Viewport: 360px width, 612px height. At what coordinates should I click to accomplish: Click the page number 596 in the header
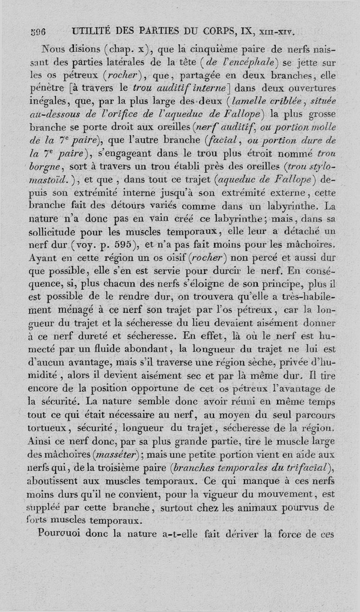pos(40,32)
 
